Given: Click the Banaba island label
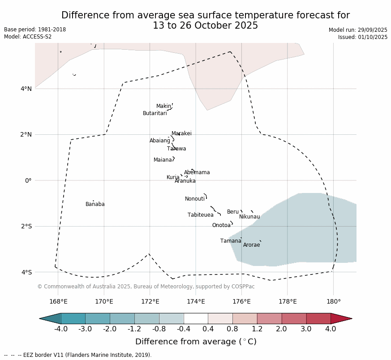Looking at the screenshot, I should point(95,204).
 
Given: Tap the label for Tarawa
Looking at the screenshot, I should point(176,149).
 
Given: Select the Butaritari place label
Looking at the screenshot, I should point(155,113).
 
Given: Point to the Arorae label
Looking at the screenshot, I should point(251,245).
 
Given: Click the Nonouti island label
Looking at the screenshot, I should point(195,199).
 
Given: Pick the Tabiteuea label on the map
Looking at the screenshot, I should point(201,215).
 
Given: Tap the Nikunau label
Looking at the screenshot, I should point(249,217).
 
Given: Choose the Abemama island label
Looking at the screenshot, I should point(197,172).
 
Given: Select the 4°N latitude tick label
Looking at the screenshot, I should point(26,89).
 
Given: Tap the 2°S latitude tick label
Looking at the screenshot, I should point(26,226).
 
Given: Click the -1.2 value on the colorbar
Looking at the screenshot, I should point(134,329).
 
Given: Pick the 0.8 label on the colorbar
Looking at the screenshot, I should point(232,329).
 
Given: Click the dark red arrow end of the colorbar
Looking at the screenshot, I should point(341,318).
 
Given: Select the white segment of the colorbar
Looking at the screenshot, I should point(196,318).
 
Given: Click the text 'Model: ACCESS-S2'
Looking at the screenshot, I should point(28,37).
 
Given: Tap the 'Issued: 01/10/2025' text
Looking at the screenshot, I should point(363,37).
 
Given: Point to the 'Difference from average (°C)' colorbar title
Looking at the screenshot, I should point(196,342).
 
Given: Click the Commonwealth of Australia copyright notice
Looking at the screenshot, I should point(146,287).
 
